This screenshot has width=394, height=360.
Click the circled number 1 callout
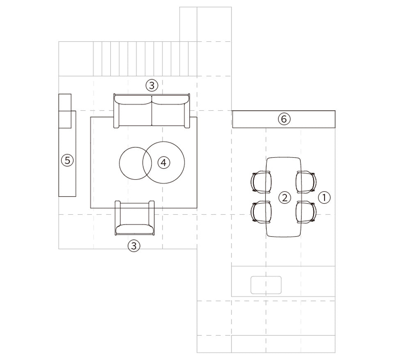[324, 197]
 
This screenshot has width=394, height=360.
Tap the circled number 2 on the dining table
[285, 197]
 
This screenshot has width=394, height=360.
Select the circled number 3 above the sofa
[152, 85]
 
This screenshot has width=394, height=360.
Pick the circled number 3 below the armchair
[134, 245]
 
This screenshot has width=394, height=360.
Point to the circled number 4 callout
[164, 163]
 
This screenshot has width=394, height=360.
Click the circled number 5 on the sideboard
[67, 160]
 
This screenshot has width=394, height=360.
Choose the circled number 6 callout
[284, 119]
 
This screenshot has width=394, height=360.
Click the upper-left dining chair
[261, 182]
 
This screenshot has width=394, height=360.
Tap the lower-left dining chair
[261, 212]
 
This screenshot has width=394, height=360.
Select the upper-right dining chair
[306, 182]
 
